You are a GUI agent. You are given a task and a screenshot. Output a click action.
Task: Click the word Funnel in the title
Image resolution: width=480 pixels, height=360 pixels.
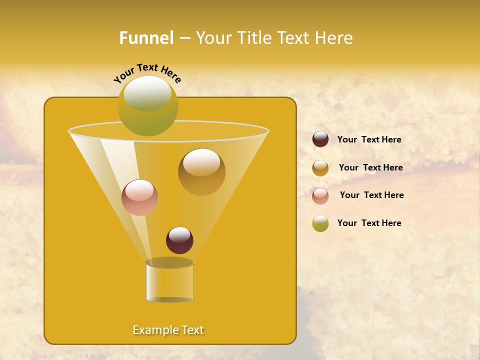point(146,38)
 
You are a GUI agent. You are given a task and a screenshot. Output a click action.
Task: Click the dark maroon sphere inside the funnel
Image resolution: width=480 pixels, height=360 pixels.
point(179,240)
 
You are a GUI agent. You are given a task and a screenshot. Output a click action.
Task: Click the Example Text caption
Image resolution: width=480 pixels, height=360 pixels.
point(168,330)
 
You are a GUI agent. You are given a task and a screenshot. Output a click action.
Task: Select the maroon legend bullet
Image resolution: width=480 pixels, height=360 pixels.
point(320,139)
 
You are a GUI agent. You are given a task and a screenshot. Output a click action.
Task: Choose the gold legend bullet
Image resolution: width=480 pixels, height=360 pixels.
point(320,168)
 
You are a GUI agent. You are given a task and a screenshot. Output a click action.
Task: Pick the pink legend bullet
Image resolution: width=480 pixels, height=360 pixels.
point(320,196)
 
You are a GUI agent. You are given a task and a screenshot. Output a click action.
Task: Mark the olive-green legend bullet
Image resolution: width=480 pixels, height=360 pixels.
point(320,223)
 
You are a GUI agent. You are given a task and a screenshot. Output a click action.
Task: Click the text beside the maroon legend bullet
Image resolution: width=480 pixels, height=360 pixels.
point(369,140)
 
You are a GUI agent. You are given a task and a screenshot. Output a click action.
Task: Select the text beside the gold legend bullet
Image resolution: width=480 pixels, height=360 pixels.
point(370,168)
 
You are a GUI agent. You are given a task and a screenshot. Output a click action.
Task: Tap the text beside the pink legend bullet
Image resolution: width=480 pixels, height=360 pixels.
point(371,195)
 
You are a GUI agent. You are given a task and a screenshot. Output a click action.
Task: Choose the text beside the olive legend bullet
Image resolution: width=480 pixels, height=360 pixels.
point(369,223)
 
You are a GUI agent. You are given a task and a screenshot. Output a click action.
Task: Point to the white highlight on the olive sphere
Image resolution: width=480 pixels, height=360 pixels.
point(147,92)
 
